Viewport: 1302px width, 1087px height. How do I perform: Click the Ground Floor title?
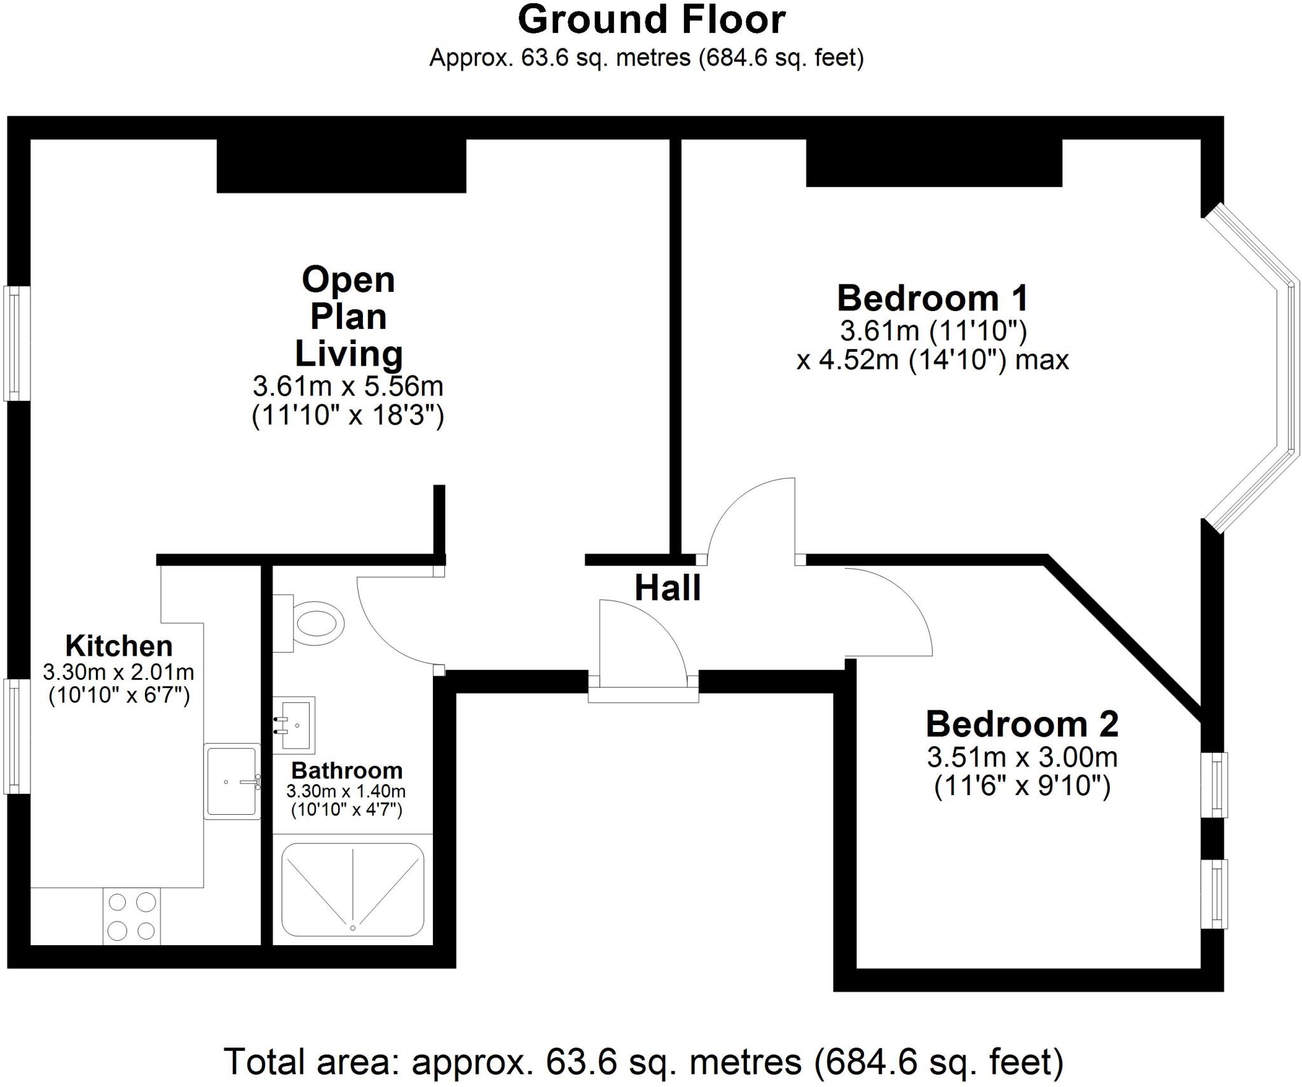tap(652, 20)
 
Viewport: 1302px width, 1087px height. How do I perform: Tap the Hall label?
tap(668, 588)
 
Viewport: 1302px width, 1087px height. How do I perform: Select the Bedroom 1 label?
tap(933, 298)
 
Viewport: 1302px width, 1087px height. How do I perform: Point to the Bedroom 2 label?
tap(1022, 724)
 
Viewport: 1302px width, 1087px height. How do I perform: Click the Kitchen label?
tap(119, 646)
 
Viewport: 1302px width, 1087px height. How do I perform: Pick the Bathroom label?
tap(347, 770)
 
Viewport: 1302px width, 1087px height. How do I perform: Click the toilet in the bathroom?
tap(309, 623)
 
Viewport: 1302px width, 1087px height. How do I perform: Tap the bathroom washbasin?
tap(294, 724)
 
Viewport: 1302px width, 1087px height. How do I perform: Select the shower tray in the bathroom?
tap(353, 889)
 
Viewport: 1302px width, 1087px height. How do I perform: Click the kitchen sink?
tap(232, 780)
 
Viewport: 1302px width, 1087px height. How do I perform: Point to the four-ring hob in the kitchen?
tap(132, 917)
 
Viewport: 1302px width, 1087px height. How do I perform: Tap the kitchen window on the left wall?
tap(17, 736)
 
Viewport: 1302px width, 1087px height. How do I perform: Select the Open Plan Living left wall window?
tap(17, 343)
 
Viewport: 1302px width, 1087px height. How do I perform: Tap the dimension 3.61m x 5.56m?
tap(348, 386)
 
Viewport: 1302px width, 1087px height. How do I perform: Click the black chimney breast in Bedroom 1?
tap(934, 163)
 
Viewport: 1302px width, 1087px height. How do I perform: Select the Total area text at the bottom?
tap(644, 1062)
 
